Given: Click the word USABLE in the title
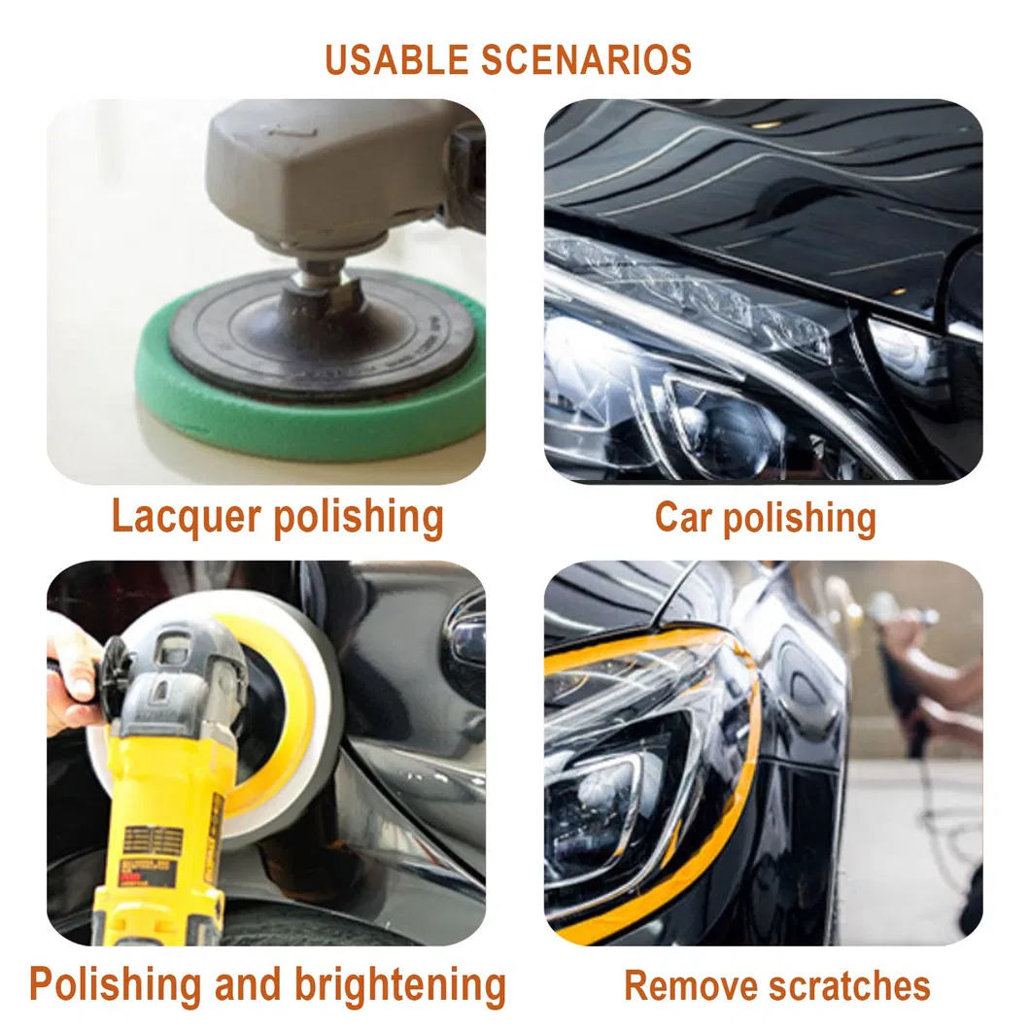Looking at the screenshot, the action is [x=396, y=60].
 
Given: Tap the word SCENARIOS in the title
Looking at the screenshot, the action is [x=587, y=60].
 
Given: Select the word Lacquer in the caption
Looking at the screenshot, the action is [x=187, y=518].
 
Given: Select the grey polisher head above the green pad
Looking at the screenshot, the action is [x=328, y=171].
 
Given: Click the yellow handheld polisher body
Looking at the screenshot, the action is [x=172, y=788].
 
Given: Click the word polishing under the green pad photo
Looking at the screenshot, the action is [x=359, y=518].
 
